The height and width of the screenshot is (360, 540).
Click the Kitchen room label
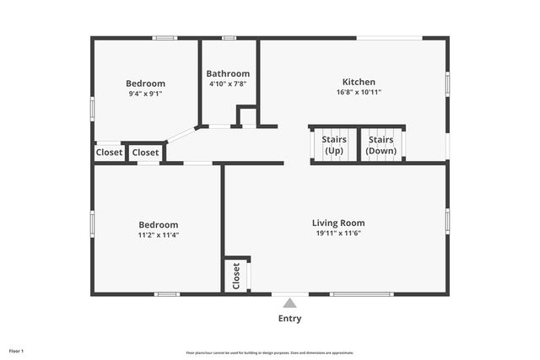tap(359, 82)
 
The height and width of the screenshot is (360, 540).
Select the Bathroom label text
tap(229, 73)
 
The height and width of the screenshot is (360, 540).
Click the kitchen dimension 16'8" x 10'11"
tap(359, 94)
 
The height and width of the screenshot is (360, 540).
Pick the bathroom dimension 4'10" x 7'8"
tap(229, 84)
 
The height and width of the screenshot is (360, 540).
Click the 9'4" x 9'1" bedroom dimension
tap(145, 94)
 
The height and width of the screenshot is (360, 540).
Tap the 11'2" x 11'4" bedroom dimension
tap(159, 235)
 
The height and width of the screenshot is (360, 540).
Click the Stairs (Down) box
tap(381, 145)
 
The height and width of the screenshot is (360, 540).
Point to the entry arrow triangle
tap(289, 303)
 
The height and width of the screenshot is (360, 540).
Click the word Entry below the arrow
tap(289, 319)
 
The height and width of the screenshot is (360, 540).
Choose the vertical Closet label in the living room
tap(236, 275)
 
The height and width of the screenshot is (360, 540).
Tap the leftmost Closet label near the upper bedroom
tap(108, 153)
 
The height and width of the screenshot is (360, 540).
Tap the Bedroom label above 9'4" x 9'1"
tap(145, 83)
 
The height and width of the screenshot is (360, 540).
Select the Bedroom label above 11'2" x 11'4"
tap(159, 224)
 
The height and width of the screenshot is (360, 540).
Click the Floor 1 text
tap(17, 350)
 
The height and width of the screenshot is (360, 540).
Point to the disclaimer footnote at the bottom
tap(270, 352)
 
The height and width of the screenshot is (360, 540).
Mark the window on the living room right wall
tap(447, 221)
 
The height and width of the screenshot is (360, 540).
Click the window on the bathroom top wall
tap(229, 37)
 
